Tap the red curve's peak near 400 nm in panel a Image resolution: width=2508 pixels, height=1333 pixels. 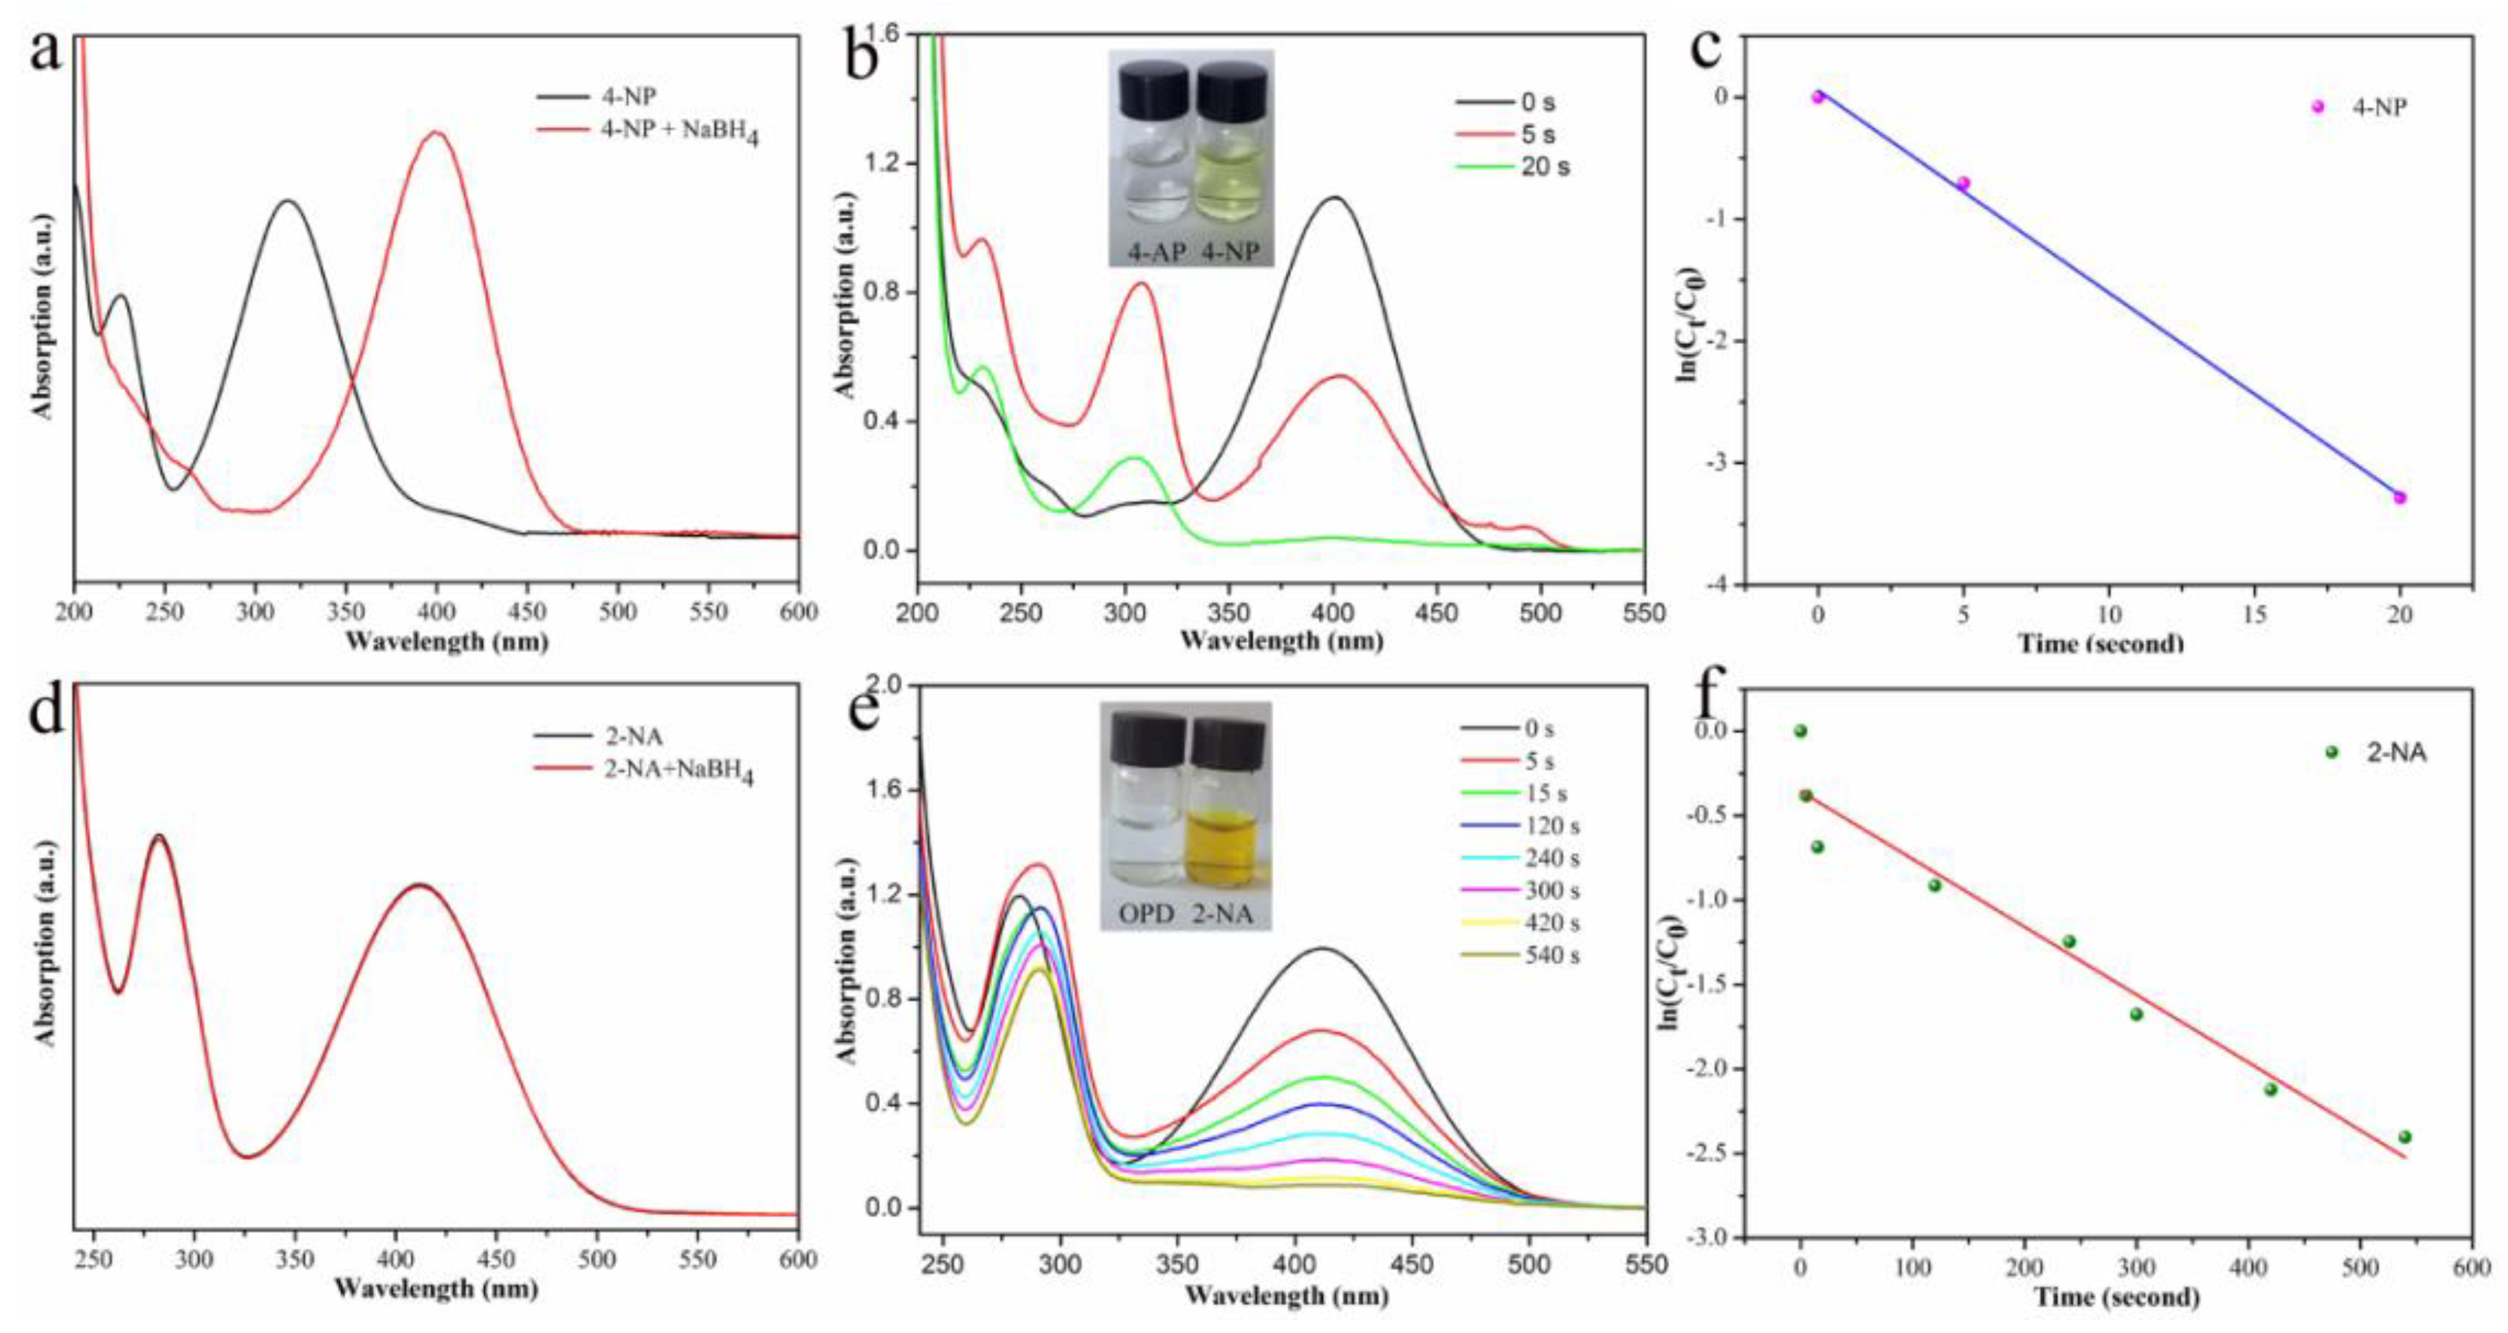[x=435, y=134]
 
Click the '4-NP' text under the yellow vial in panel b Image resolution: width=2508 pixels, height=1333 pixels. [x=1231, y=252]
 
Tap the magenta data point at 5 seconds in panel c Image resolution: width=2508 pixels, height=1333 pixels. [x=1963, y=183]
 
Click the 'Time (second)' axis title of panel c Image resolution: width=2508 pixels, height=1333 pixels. [x=2100, y=642]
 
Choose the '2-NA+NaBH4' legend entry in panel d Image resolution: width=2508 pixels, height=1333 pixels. [x=677, y=770]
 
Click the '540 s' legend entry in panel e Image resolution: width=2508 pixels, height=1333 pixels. [x=1552, y=955]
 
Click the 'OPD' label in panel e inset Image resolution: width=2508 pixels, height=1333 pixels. [x=1145, y=913]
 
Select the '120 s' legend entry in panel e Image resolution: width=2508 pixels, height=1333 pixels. [x=1552, y=826]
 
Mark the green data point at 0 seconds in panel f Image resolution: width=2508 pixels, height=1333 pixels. [x=1800, y=730]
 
